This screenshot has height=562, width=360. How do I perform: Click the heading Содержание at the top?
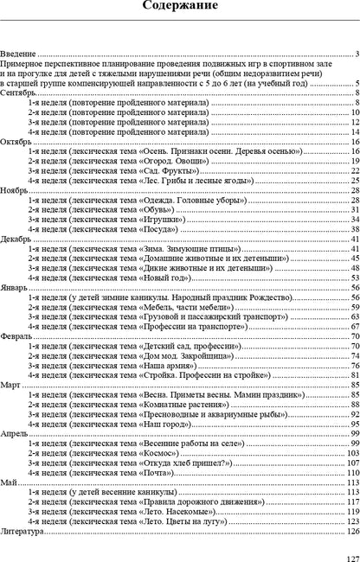click(180, 8)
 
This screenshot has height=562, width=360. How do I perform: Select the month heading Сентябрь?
click(19, 93)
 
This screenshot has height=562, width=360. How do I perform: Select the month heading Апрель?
click(16, 433)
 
